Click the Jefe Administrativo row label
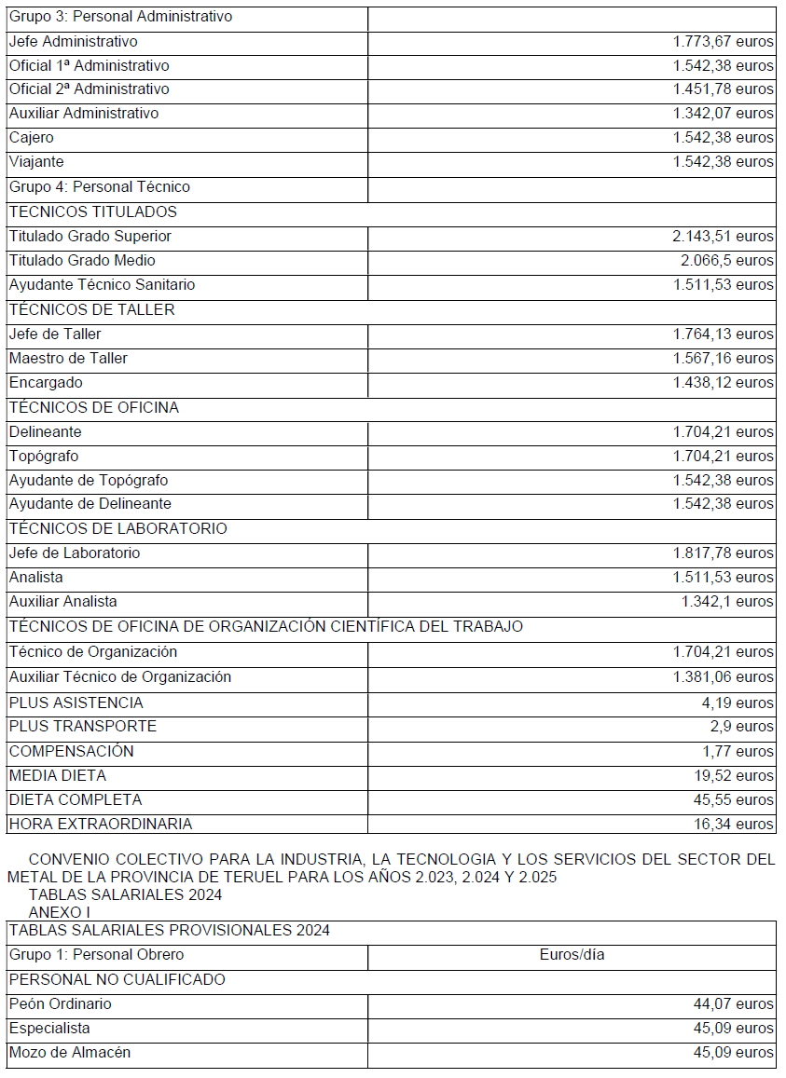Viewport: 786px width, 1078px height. [x=74, y=42]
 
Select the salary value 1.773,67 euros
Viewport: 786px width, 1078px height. [x=723, y=42]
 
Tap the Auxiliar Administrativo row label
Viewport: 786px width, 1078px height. [x=84, y=114]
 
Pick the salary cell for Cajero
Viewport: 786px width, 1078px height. [x=723, y=138]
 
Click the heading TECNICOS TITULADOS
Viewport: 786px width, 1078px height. [x=93, y=212]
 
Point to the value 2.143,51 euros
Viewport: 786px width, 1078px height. [x=723, y=237]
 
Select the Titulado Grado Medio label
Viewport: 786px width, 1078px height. [x=82, y=261]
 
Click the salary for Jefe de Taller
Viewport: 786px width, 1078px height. [x=723, y=334]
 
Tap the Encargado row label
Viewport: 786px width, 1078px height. [x=46, y=383]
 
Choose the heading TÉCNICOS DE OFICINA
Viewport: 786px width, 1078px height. [x=94, y=407]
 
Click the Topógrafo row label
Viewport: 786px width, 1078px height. [x=44, y=457]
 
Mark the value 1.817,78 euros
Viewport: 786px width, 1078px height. [x=723, y=553]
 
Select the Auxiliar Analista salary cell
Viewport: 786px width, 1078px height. [x=727, y=602]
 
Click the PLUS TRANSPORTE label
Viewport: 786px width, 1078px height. [x=83, y=727]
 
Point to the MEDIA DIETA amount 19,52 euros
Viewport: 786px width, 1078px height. [x=738, y=776]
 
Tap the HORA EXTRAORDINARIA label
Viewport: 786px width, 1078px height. [x=101, y=825]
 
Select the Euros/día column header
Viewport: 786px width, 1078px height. [x=572, y=955]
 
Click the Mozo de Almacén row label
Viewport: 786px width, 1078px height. [x=70, y=1053]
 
